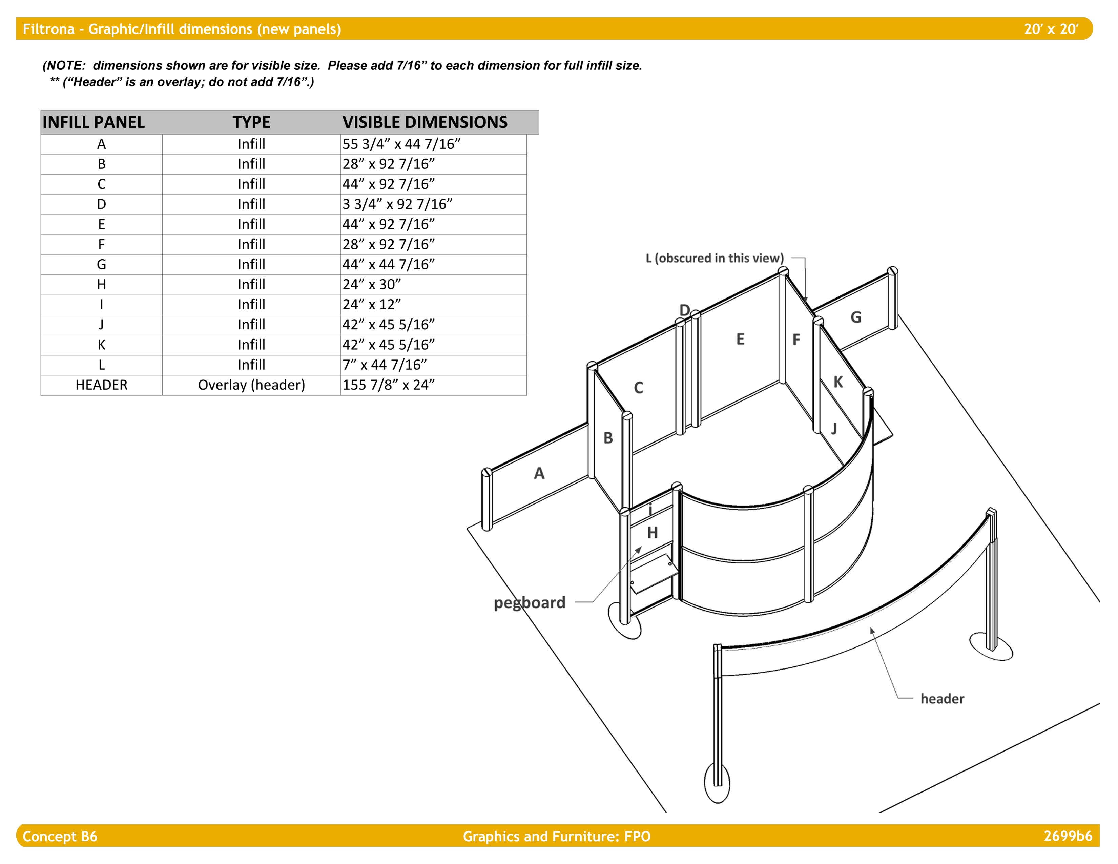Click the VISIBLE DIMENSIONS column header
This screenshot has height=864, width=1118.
click(425, 122)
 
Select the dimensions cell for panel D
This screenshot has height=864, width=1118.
click(397, 204)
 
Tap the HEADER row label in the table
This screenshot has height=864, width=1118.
click(101, 385)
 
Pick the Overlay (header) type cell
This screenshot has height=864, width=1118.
click(251, 385)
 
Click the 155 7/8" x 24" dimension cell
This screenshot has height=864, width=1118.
click(388, 385)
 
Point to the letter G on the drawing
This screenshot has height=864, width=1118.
click(856, 317)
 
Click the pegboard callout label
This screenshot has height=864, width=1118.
click(529, 602)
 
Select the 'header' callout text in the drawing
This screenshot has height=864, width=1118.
click(942, 699)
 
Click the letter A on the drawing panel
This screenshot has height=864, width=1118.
click(539, 473)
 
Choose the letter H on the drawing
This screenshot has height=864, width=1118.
click(652, 533)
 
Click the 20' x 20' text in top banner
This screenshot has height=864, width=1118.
click(1051, 29)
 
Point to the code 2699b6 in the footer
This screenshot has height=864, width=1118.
click(1068, 836)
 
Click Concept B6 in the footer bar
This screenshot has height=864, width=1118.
click(60, 836)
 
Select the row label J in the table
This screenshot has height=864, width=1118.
click(101, 325)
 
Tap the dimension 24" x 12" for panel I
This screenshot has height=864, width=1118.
click(372, 305)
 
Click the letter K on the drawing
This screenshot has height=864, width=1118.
click(838, 382)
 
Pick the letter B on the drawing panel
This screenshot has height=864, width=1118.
click(608, 438)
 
